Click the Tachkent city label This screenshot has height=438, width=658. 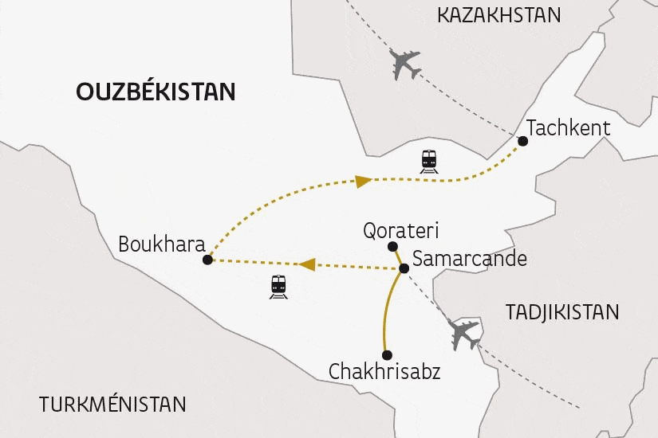[x=569, y=127]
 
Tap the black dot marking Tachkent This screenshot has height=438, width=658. [x=523, y=141]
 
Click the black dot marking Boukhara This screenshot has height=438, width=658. [x=207, y=260]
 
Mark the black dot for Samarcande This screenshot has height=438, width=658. [x=404, y=268]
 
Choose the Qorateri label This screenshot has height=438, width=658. [x=400, y=231]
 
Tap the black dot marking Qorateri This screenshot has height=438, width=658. [x=392, y=247]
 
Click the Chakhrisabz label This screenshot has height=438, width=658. [x=384, y=371]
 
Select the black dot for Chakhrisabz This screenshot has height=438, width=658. [x=386, y=355]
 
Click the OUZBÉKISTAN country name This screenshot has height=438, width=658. [x=156, y=92]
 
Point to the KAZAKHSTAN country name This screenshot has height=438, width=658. [x=499, y=14]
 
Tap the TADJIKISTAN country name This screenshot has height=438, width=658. [x=562, y=312]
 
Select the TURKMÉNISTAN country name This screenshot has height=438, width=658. [x=112, y=404]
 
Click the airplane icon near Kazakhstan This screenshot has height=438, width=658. [x=406, y=65]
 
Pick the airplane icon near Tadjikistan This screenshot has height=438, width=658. [x=465, y=334]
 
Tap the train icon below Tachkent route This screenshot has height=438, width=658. [x=430, y=161]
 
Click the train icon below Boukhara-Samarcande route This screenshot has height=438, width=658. [x=278, y=287]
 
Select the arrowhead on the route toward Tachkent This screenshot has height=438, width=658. [x=363, y=182]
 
